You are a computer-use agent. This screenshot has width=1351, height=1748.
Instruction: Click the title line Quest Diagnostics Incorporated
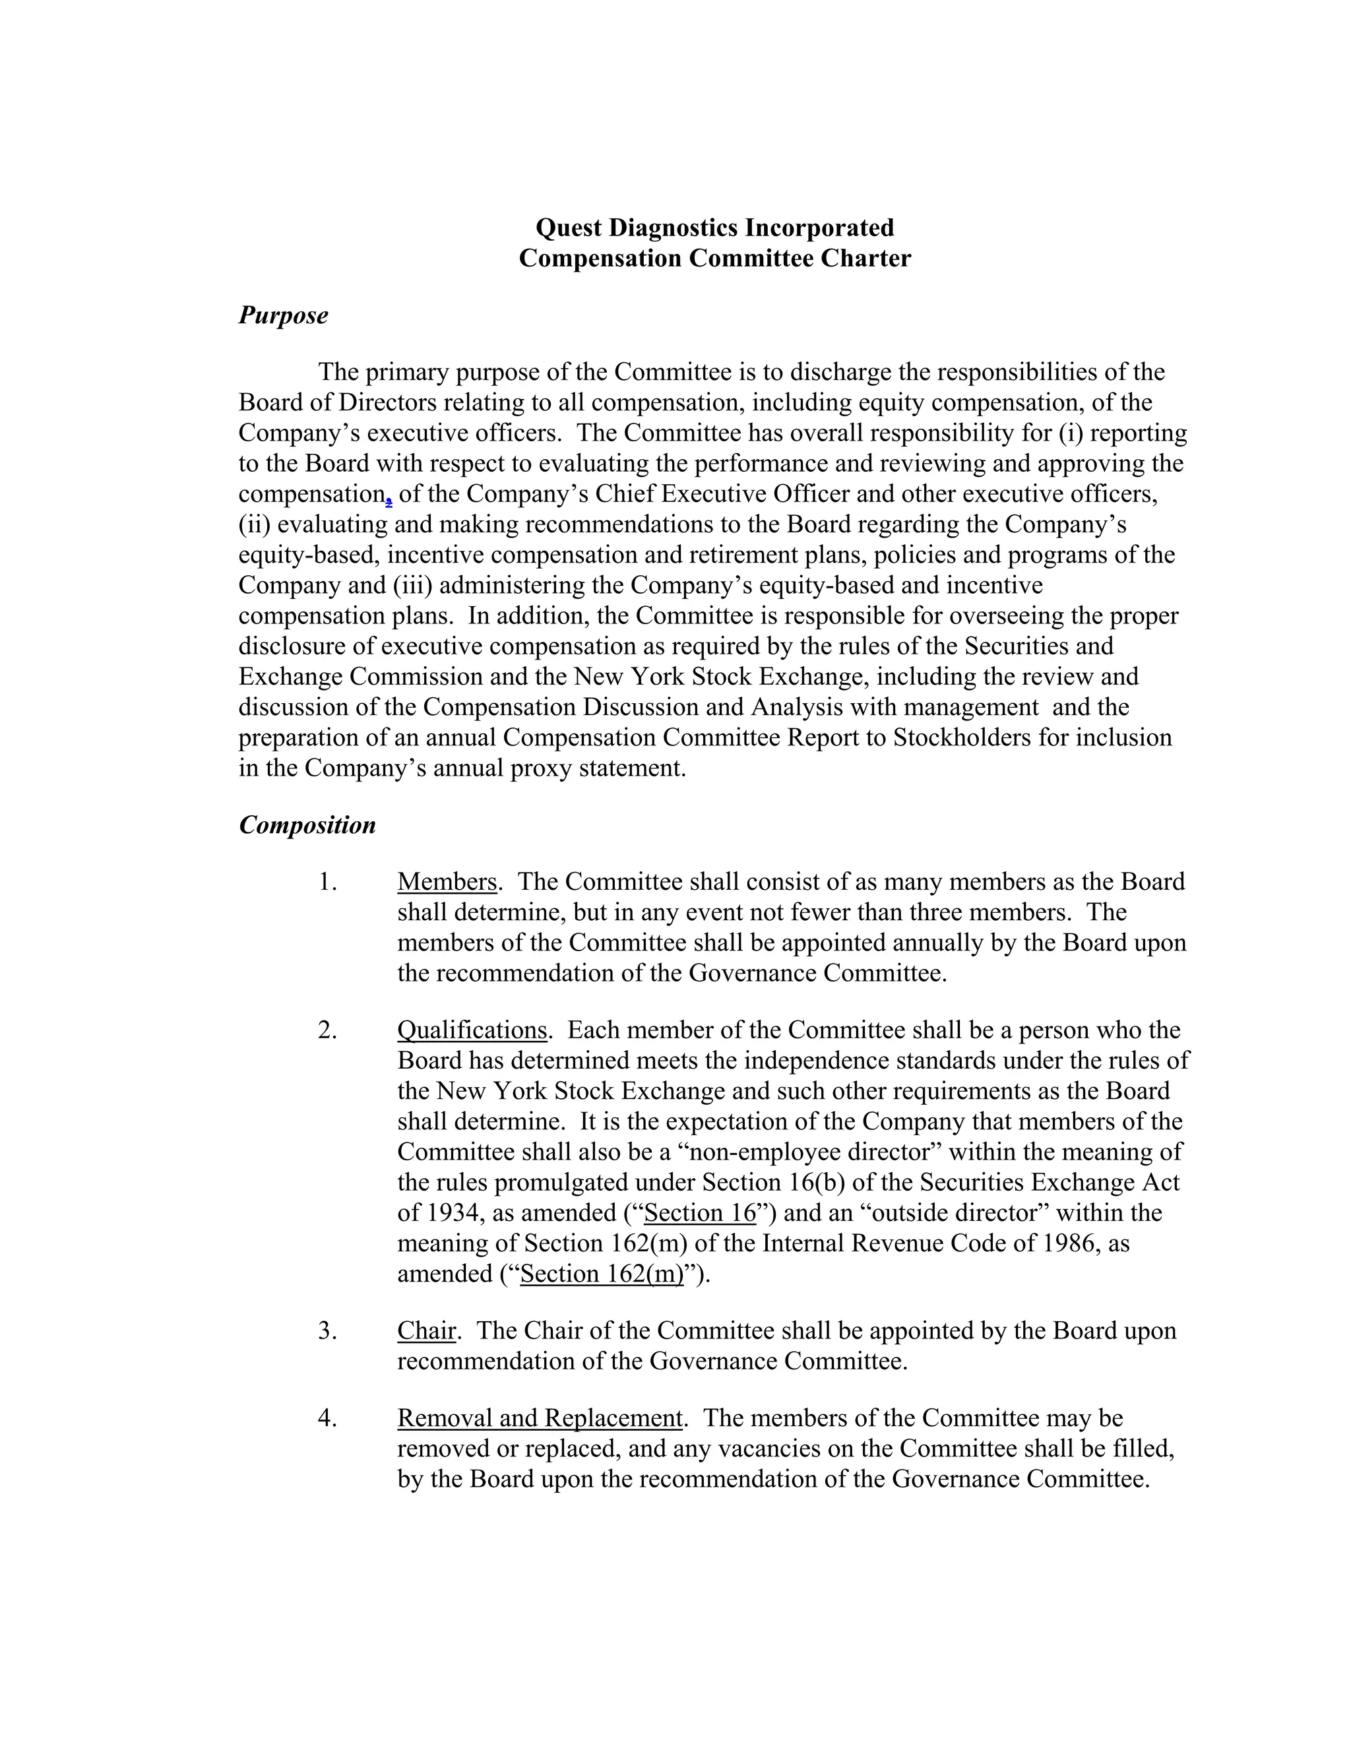click(x=714, y=228)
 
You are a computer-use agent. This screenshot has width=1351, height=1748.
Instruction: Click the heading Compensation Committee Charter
click(x=714, y=259)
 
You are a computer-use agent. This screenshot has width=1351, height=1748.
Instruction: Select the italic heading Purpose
click(x=283, y=315)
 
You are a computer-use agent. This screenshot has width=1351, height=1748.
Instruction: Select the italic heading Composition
click(x=307, y=825)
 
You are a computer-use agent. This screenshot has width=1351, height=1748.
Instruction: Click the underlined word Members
click(x=447, y=882)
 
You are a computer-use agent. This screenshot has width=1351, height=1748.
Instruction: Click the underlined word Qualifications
click(x=472, y=1030)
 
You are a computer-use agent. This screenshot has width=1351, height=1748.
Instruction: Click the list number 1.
click(x=326, y=882)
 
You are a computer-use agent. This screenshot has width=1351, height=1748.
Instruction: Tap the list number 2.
click(x=326, y=1030)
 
